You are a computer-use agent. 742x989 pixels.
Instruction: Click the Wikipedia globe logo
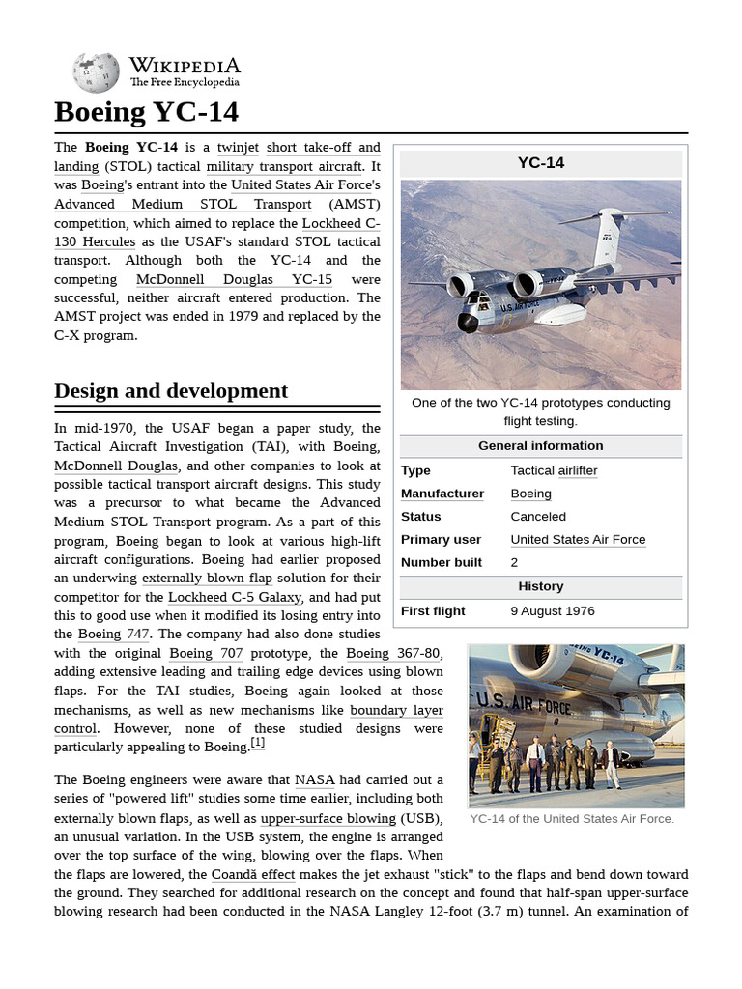(96, 73)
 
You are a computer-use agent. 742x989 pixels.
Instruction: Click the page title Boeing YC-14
(146, 112)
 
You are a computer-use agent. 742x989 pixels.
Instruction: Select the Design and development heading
(171, 391)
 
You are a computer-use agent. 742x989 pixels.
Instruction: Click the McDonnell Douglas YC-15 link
(234, 279)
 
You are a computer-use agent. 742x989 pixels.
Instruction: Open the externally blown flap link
(207, 579)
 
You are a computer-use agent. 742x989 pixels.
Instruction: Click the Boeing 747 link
(113, 635)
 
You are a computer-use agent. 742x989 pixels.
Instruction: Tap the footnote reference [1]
(257, 743)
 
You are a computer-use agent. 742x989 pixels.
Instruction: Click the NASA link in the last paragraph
(315, 780)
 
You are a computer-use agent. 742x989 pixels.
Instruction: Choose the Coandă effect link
(253, 874)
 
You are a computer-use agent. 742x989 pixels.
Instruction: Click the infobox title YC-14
(541, 163)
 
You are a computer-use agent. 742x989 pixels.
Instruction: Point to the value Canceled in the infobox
(538, 517)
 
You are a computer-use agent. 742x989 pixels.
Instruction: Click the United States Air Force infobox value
(578, 540)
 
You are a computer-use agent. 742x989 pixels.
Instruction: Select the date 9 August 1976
(553, 611)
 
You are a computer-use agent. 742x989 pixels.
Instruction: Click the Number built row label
(442, 563)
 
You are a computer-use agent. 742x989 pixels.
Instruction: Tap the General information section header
(541, 446)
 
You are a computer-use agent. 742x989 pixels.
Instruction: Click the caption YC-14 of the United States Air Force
(572, 819)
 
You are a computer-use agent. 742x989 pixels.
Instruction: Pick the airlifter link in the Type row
(578, 471)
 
